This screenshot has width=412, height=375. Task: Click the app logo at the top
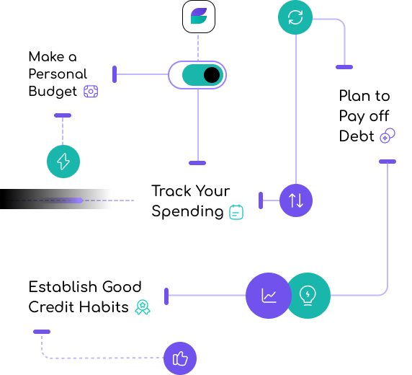point(199,17)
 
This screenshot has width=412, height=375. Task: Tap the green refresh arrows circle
point(295,17)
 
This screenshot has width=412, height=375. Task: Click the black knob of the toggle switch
point(212,75)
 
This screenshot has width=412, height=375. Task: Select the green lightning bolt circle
point(63,162)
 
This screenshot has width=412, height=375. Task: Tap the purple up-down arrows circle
point(296,200)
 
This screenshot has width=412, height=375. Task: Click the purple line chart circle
point(269,296)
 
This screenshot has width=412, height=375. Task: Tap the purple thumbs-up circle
point(180,358)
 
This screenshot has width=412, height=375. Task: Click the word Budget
point(53,92)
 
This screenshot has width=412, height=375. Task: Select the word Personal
point(58,74)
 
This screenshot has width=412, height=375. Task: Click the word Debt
point(357,136)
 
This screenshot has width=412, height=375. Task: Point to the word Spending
point(187,211)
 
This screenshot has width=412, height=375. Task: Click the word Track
point(172,191)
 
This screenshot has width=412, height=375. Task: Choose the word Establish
point(63,286)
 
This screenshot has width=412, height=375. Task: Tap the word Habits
point(104,306)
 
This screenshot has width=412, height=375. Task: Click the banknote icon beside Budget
point(91,92)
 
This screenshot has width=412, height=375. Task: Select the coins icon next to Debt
point(388,136)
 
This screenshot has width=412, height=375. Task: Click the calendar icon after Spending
point(236,212)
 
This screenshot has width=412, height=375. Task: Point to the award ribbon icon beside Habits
point(143,307)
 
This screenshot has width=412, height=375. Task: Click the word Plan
point(351,95)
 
